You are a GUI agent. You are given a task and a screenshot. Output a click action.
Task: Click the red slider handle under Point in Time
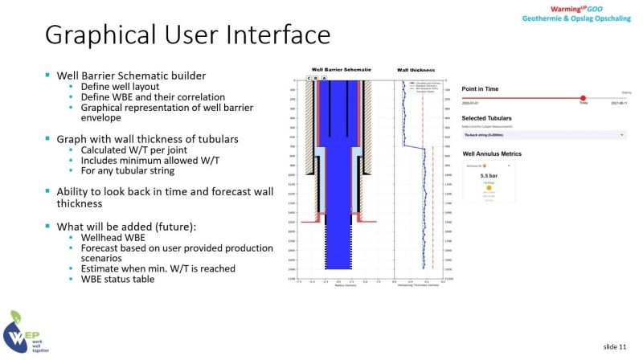point(583,98)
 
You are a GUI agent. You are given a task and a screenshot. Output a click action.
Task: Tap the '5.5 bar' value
point(489,174)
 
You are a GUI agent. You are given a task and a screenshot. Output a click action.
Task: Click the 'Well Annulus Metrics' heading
point(496,153)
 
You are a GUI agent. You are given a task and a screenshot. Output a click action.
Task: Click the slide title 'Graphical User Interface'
point(186,35)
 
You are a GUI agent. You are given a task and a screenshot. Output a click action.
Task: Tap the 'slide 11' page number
point(615,346)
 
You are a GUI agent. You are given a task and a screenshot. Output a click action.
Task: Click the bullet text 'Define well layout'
point(115,86)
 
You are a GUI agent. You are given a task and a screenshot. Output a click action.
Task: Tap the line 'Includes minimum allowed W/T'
point(141,160)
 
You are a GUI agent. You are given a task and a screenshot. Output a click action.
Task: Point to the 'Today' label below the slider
point(583,104)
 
